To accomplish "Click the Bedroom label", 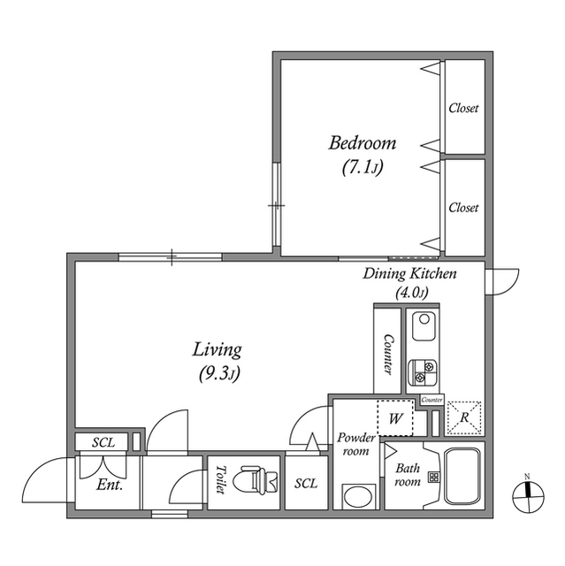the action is click(x=363, y=143).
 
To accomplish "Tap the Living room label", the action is click(x=217, y=350).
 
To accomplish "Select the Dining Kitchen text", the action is click(x=409, y=274).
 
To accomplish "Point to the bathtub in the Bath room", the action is click(x=463, y=476).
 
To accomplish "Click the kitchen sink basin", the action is click(x=424, y=326).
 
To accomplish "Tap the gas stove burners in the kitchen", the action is click(x=423, y=372).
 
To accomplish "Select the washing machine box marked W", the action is click(x=395, y=417).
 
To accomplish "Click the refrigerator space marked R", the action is click(x=464, y=417).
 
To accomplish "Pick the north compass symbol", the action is click(x=528, y=495).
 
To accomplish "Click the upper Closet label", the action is click(x=463, y=108).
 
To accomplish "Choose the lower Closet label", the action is click(x=463, y=208).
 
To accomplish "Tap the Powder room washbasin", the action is click(x=359, y=496).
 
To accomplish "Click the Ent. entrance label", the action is click(x=110, y=485).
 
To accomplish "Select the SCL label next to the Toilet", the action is click(x=306, y=484).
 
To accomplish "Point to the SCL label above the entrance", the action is click(x=103, y=442).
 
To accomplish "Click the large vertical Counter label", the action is click(x=388, y=355).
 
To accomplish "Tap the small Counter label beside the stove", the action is click(x=431, y=400).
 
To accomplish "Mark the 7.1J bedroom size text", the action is click(x=363, y=167).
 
